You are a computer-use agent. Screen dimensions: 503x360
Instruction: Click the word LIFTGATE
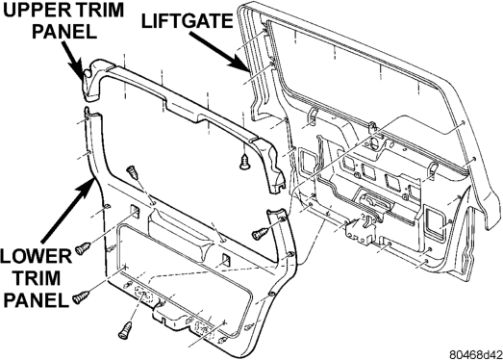(187, 21)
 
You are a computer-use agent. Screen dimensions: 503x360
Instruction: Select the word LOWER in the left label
(36, 256)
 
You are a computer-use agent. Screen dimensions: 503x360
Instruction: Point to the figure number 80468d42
(475, 354)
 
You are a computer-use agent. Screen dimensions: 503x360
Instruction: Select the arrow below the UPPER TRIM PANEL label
(73, 61)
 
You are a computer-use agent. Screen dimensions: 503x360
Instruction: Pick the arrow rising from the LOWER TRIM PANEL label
(68, 210)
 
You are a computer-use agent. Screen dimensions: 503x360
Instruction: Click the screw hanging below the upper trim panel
(244, 161)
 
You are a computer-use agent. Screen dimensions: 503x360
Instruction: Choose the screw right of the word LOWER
(83, 248)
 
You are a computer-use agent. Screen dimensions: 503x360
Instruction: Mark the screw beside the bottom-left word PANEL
(81, 296)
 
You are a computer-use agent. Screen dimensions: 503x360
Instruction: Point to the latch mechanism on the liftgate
(360, 229)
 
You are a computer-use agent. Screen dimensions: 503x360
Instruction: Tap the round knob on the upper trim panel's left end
(87, 74)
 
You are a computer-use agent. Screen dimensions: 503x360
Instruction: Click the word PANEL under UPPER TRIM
(64, 32)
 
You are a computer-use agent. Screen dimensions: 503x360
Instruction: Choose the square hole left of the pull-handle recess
(135, 211)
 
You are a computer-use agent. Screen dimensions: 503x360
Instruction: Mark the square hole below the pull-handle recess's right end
(226, 261)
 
